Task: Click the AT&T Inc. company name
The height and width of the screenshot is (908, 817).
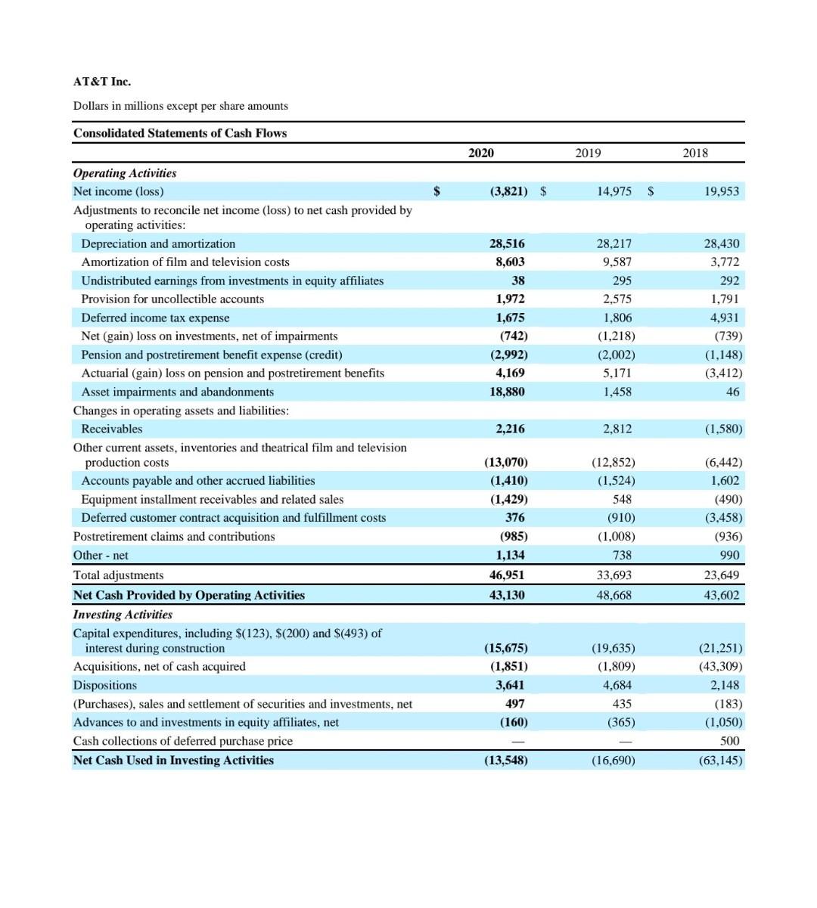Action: [102, 82]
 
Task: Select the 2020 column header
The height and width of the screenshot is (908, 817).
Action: [480, 153]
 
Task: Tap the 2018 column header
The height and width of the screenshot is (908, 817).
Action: [695, 153]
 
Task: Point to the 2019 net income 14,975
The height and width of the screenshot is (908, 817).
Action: [614, 191]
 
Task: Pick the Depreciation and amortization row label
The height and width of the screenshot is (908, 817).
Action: [158, 243]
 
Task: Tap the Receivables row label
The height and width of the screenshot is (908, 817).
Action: [112, 429]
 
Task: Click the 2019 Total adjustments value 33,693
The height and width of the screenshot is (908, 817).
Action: [614, 575]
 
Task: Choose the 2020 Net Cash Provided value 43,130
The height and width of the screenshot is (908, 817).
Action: [506, 595]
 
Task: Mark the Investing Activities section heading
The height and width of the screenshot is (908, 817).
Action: [123, 615]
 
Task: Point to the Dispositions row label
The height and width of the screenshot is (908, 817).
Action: [105, 685]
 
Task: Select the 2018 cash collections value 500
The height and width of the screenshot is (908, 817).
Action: [730, 741]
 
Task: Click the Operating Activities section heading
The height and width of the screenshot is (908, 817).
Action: [125, 173]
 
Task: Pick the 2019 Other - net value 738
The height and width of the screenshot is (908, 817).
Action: [622, 555]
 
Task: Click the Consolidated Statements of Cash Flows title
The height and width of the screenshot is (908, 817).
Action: [180, 133]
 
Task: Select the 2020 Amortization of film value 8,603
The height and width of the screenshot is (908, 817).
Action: [509, 262]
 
